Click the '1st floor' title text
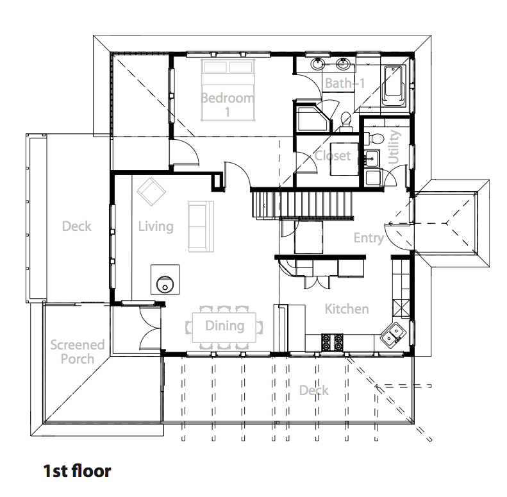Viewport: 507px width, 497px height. (77, 471)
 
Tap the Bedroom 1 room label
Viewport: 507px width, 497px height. (228, 105)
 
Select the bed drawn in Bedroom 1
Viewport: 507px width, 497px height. (228, 90)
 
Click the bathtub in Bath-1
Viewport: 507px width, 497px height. (393, 86)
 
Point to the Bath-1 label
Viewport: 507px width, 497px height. (345, 83)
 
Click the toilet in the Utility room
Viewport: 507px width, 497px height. (374, 139)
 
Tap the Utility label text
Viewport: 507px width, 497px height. (394, 147)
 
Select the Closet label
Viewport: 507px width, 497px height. (333, 156)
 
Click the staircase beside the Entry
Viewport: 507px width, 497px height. (303, 205)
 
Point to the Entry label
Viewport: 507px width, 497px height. (369, 238)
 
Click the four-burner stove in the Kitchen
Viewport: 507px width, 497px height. (332, 342)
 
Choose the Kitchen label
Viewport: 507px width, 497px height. (347, 309)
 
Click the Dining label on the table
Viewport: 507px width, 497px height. (225, 326)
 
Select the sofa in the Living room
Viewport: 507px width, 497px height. (201, 226)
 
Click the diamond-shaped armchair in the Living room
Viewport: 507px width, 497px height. (151, 192)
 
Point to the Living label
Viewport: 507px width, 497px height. (156, 226)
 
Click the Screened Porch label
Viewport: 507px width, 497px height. (78, 351)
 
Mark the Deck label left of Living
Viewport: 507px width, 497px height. (77, 226)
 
